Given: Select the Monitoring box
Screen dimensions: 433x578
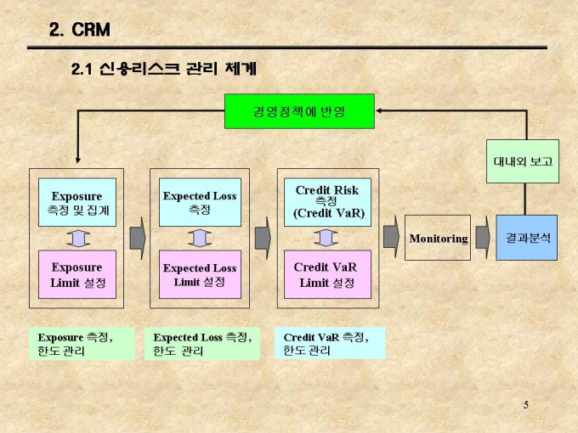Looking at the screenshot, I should click(x=439, y=238).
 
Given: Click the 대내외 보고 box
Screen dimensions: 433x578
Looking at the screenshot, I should click(x=523, y=160).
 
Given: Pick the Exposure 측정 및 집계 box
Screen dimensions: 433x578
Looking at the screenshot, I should click(x=76, y=202).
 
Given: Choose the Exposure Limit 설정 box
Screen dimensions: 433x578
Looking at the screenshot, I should click(x=76, y=274).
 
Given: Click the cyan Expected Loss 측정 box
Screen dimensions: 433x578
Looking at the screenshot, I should click(x=200, y=202).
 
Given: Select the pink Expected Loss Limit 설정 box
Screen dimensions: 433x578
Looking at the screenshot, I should click(x=200, y=274).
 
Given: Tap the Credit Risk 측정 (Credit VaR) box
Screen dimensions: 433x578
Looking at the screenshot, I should click(x=327, y=202).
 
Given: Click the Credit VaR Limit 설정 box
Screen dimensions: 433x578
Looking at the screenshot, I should click(x=327, y=274).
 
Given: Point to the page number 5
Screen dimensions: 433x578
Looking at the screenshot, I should click(x=526, y=404).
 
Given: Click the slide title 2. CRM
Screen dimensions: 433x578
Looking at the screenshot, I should click(x=79, y=31).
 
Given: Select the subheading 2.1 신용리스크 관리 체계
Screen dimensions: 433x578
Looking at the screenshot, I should click(x=164, y=68).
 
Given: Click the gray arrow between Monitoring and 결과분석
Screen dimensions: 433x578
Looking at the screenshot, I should click(x=483, y=237).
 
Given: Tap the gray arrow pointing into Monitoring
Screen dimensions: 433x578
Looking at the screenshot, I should click(x=392, y=237).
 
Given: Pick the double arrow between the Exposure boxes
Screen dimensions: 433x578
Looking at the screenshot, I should click(x=76, y=239).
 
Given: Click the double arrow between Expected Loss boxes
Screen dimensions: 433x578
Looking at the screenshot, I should click(x=200, y=239).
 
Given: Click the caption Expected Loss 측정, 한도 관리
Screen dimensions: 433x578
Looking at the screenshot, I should click(x=202, y=344).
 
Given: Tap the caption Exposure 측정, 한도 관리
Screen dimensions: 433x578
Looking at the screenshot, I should click(x=82, y=343).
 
